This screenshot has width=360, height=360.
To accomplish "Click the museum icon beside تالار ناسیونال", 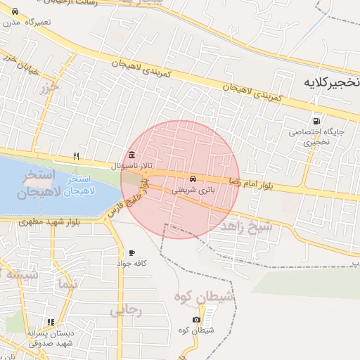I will (x=131, y=155).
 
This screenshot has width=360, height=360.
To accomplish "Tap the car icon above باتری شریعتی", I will (x=193, y=179).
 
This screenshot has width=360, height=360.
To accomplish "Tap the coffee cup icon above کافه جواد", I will (x=131, y=252).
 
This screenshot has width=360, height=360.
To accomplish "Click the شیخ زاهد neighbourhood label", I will (x=245, y=227).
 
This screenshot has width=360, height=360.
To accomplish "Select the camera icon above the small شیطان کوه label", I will (x=196, y=319).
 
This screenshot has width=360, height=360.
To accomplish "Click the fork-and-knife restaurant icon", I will (x=77, y=156).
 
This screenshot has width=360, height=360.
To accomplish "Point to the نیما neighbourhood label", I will (x=67, y=284).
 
